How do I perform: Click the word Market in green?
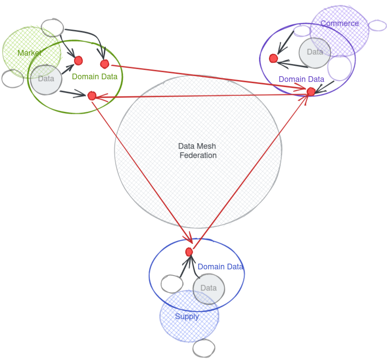pyautogui.click(x=29, y=53)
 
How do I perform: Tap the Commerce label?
pyautogui.click(x=339, y=24)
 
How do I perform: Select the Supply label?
pyautogui.click(x=187, y=317)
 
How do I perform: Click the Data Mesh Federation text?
pyautogui.click(x=198, y=151)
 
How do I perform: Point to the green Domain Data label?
pyautogui.click(x=95, y=77)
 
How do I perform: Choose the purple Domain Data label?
pyautogui.click(x=301, y=79)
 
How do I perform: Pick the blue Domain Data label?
pyautogui.click(x=220, y=267)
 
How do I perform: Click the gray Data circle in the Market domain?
pyautogui.click(x=46, y=79)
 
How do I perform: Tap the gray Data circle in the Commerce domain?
pyautogui.click(x=315, y=53)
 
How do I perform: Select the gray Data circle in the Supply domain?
pyautogui.click(x=209, y=288)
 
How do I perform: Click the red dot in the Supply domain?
pyautogui.click(x=189, y=252)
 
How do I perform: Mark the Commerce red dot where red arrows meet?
pyautogui.click(x=311, y=92)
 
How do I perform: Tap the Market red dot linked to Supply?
pyautogui.click(x=92, y=95)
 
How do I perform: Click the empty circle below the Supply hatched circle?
pyautogui.click(x=204, y=349)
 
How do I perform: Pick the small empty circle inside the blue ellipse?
pyautogui.click(x=172, y=284)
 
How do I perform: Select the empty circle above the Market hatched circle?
pyautogui.click(x=53, y=28)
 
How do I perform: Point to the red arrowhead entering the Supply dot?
pyautogui.click(x=190, y=240)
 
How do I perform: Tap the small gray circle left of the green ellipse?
pyautogui.click(x=12, y=78)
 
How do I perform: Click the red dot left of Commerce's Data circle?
pyautogui.click(x=273, y=58)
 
